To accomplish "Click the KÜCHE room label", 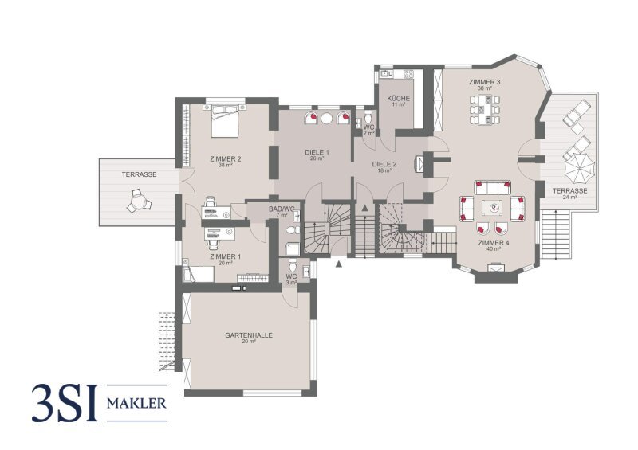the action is point(398,99).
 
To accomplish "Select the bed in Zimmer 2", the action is point(225,121).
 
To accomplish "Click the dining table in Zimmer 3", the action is point(485,109).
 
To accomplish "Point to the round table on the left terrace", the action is point(139,201).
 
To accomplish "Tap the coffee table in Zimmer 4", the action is point(494,208).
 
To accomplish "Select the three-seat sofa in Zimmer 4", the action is point(492,187).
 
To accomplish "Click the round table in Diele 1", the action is point(327,119).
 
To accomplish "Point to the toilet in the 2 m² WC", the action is point(368,117).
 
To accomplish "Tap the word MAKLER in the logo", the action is point(136,403).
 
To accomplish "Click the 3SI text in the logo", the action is point(65,403).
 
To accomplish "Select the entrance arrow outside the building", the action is point(338,264).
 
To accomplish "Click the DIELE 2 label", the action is point(384,165).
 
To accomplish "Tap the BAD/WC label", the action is point(282,209).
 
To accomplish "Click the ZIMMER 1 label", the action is point(226,256).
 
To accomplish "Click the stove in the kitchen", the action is point(408,74).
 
